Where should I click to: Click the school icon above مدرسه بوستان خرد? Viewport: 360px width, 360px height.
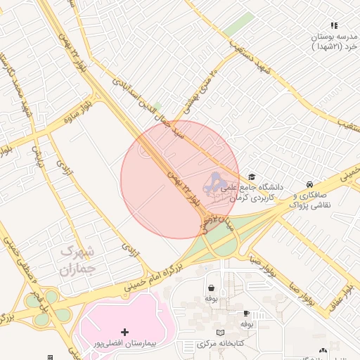coord(335,25)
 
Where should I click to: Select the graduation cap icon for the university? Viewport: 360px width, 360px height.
coord(252,176)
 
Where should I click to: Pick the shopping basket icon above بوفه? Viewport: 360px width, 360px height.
coord(211,288)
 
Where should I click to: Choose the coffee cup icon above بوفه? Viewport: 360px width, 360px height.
coord(246,313)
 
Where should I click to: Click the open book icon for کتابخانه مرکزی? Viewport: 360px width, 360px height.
coord(221,332)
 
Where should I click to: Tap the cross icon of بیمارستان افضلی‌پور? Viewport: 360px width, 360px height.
coord(125,331)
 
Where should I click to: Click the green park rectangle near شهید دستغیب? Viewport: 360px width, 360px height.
coord(239,24)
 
